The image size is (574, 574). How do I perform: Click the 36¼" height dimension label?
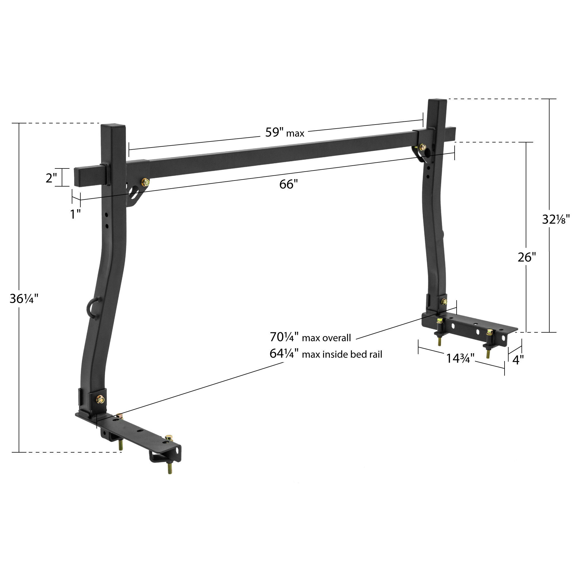coord(24,298)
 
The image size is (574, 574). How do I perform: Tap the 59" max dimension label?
coord(284,133)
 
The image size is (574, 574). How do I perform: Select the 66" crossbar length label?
coord(288,185)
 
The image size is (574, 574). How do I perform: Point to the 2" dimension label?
coord(51,178)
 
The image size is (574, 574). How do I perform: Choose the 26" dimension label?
coord(526,257)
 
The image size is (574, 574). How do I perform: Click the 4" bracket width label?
coord(518,360)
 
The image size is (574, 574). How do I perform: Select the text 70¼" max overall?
coord(310,338)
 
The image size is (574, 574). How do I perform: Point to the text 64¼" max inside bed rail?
coord(326,354)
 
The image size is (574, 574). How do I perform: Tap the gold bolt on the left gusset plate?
coord(145,182)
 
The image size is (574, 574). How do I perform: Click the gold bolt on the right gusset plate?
coord(422,147)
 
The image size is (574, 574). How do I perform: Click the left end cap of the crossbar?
coord(78,177)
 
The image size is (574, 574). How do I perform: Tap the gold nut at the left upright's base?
coord(100,400)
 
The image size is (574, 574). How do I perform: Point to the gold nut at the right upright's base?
coord(444,302)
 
